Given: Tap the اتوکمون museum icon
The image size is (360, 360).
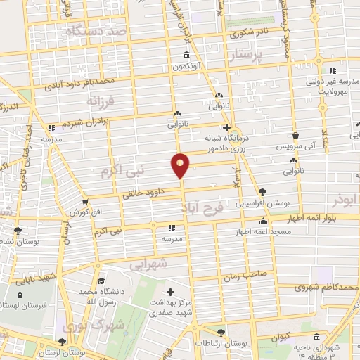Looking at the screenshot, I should tap(186, 56).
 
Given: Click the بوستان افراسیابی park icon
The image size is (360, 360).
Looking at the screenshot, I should tap(263, 191).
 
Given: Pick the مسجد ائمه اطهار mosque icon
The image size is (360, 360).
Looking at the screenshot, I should tap(263, 221).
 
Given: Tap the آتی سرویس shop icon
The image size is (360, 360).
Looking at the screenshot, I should tap(296, 134).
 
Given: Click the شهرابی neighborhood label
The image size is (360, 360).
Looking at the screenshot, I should tap(148, 264).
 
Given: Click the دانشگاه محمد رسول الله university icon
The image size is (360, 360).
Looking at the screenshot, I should tap(103, 281).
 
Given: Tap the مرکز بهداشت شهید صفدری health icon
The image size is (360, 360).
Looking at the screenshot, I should tap(170, 291).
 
